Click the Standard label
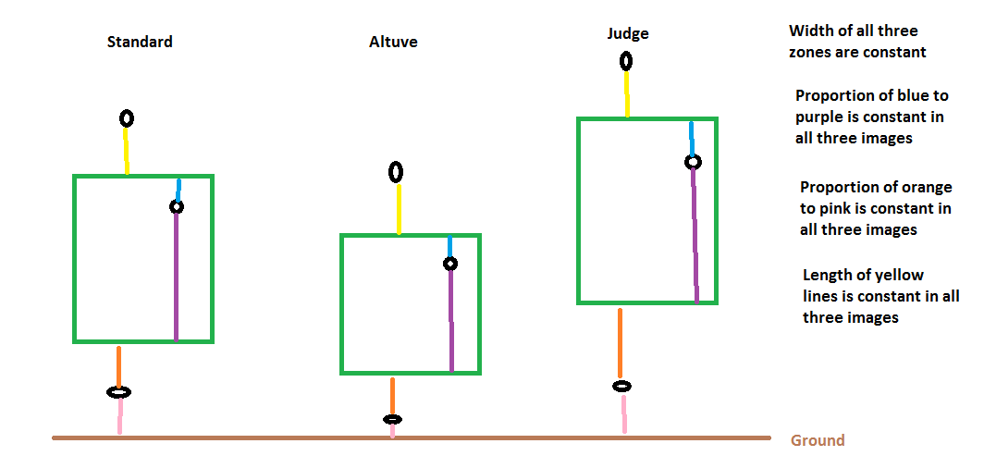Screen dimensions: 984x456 [140, 42]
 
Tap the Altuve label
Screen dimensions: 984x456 [393, 42]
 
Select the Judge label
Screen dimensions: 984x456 [628, 34]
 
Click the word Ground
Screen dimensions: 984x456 [818, 440]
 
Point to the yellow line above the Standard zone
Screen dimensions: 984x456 [126, 151]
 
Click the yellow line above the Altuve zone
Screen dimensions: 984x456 [399, 208]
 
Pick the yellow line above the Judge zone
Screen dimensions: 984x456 [626, 93]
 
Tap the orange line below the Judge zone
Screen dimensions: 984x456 [620, 343]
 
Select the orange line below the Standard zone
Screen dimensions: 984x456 [118, 365]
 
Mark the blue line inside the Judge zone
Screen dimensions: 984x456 [692, 139]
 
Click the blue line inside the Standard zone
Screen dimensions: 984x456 [178, 190]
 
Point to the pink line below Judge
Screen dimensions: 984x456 [623, 413]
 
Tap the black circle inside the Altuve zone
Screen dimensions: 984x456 [450, 264]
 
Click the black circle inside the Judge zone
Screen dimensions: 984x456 [692, 162]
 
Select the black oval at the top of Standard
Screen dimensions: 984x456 [127, 117]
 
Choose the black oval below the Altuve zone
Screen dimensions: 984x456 [392, 419]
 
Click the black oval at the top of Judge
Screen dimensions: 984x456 [626, 61]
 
